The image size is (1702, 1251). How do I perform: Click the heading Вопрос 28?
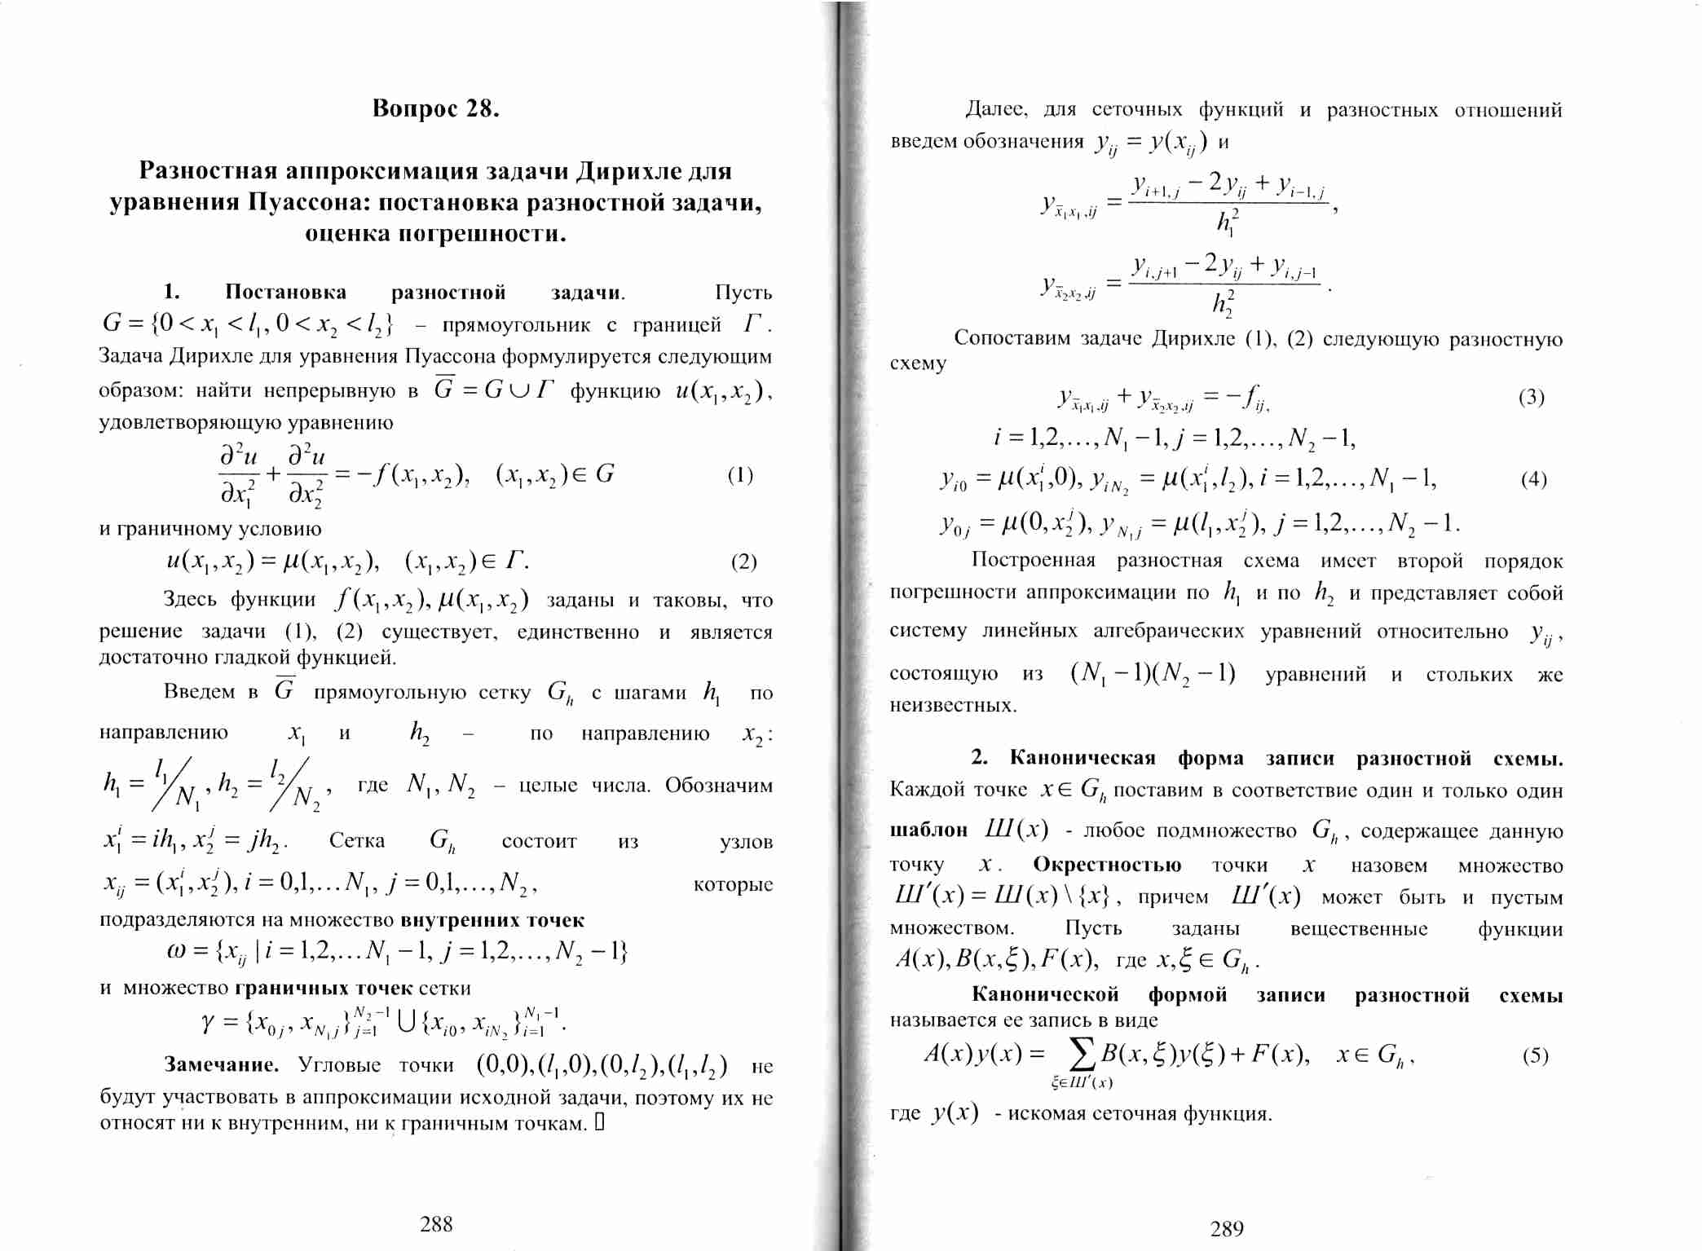pyautogui.click(x=435, y=108)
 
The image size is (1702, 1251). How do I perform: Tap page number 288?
pyautogui.click(x=436, y=1223)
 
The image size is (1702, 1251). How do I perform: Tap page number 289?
pyautogui.click(x=1227, y=1228)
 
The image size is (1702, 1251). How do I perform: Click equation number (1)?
pyautogui.click(x=740, y=475)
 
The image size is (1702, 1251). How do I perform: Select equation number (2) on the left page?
pyautogui.click(x=743, y=562)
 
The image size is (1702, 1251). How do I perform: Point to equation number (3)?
pyautogui.click(x=1531, y=397)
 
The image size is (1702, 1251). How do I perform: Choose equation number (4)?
pyautogui.click(x=1533, y=479)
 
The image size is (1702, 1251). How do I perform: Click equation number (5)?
pyautogui.click(x=1535, y=1055)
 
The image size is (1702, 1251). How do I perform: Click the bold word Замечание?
pyautogui.click(x=221, y=1064)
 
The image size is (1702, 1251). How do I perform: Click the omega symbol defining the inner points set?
pyautogui.click(x=175, y=952)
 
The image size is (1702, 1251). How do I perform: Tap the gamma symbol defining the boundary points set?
pyautogui.click(x=209, y=1022)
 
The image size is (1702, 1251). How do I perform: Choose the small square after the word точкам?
pyautogui.click(x=599, y=1124)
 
